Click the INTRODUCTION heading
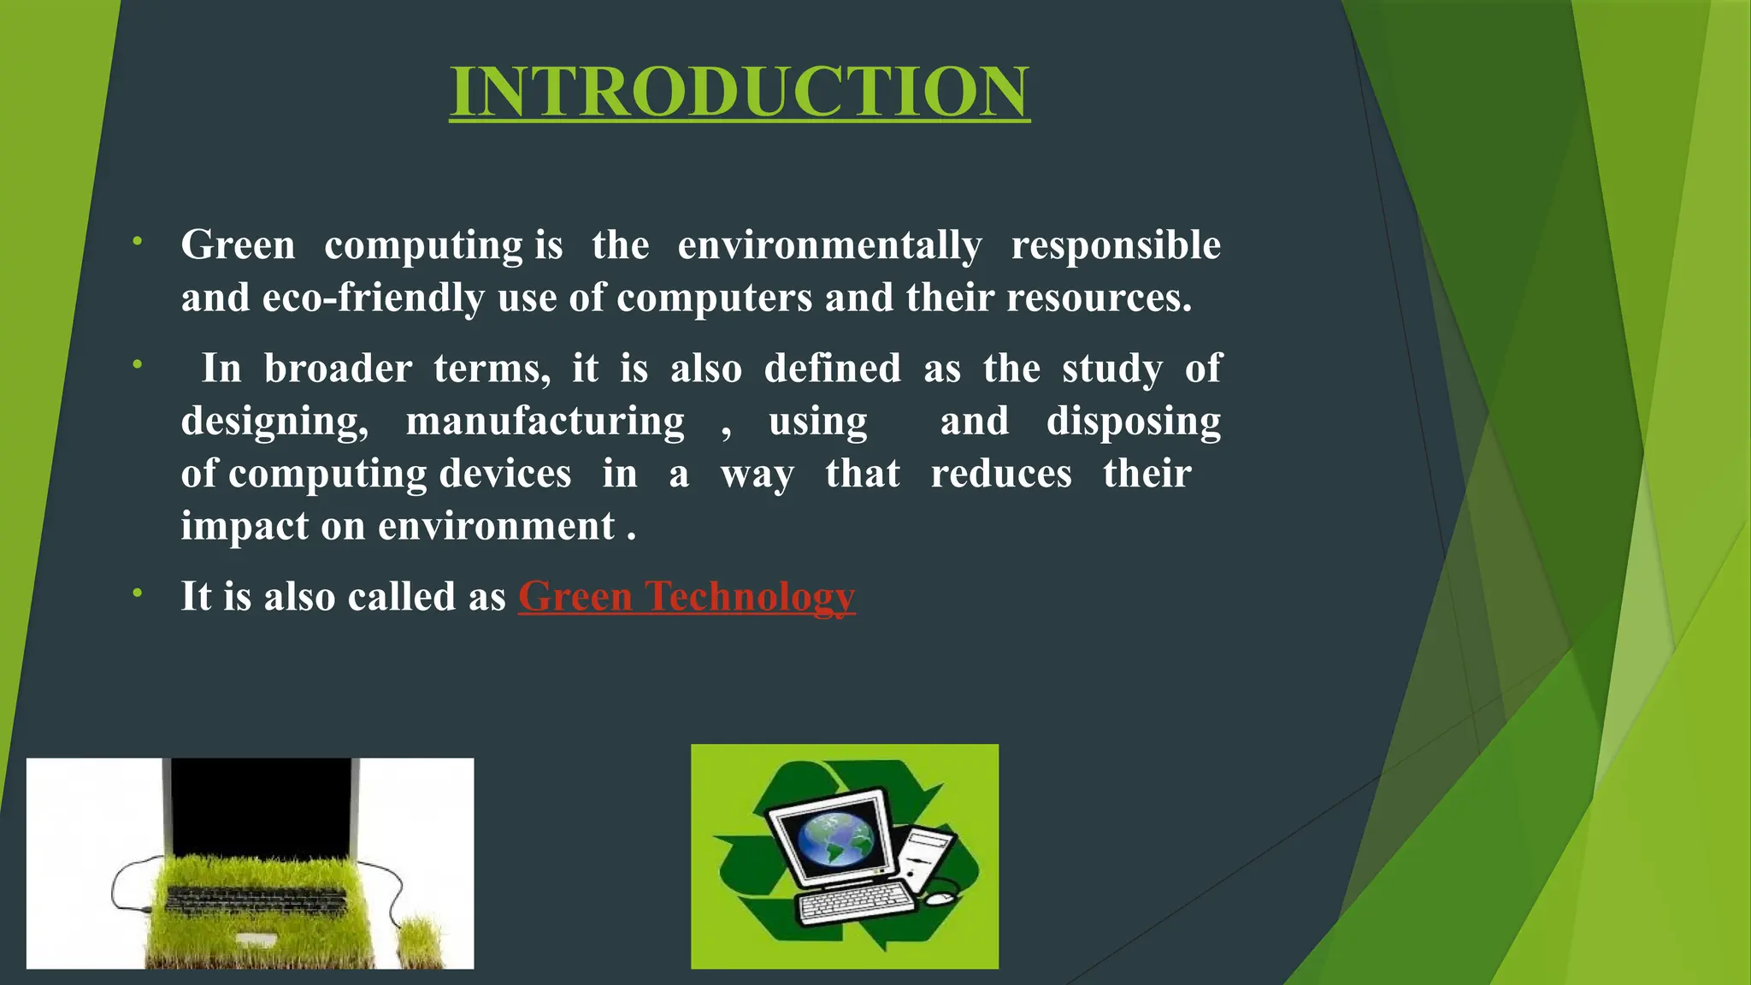pos(740,91)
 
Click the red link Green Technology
pos(687,596)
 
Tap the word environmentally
pos(829,245)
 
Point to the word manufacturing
pos(545,421)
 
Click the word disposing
pos(1134,421)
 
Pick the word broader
pos(338,369)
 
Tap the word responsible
pos(1116,245)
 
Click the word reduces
pos(1001,474)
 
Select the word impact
pos(245,526)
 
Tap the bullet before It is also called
pos(137,593)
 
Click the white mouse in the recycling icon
pos(940,899)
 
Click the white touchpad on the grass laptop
pos(255,940)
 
